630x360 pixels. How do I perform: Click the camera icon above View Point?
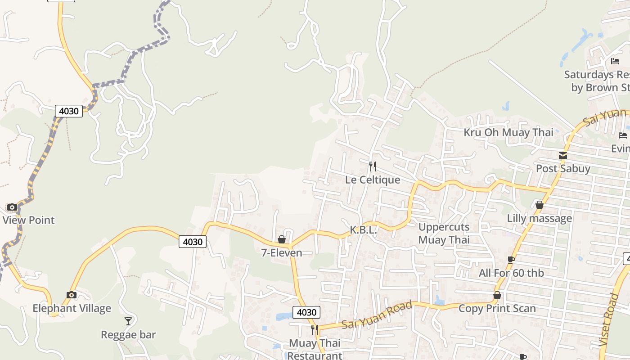tap(12, 207)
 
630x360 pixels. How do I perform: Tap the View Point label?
tap(28, 220)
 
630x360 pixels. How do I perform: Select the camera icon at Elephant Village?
tap(71, 295)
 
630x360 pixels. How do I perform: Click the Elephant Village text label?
tap(72, 308)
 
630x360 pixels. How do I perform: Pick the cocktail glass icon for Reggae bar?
tap(128, 321)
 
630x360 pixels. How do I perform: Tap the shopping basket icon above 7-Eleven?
tap(282, 239)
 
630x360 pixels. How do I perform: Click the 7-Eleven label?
tap(282, 253)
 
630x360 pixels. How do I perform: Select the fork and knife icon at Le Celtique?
tap(372, 166)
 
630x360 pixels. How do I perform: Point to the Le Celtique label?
tap(373, 180)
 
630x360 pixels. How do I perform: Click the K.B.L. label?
tap(363, 230)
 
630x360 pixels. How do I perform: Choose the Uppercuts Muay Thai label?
tap(444, 233)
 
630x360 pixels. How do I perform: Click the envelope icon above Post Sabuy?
tap(562, 156)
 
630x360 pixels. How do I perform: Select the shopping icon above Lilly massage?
tap(540, 205)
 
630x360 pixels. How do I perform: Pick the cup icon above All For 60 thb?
tap(511, 260)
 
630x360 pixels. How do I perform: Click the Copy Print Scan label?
tap(497, 308)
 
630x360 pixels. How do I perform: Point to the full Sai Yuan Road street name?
tap(377, 315)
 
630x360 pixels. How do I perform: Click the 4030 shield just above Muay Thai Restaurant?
tap(306, 312)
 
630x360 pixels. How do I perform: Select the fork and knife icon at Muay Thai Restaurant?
tap(314, 330)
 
